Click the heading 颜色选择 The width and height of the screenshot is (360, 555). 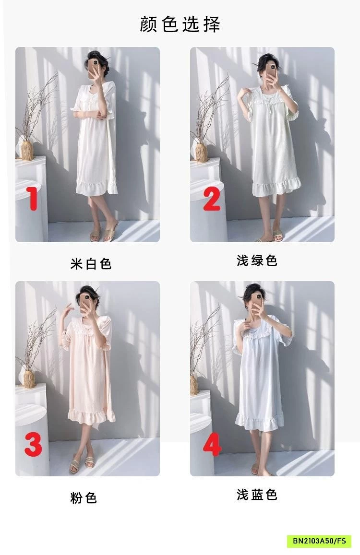pyautogui.click(x=180, y=24)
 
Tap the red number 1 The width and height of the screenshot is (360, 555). pyautogui.click(x=33, y=199)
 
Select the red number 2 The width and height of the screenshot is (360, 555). pyautogui.click(x=212, y=199)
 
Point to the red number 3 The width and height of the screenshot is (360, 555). pyautogui.click(x=33, y=444)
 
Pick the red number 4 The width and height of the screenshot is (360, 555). pyautogui.click(x=212, y=445)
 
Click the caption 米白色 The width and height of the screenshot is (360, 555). pyautogui.click(x=91, y=264)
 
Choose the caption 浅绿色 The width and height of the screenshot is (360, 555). pyautogui.click(x=257, y=260)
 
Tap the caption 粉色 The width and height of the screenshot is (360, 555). pyautogui.click(x=84, y=498)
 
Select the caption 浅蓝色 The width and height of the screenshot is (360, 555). pyautogui.click(x=257, y=495)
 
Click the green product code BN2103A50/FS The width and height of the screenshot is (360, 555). pyautogui.click(x=319, y=541)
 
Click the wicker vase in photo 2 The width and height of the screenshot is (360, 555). pyautogui.click(x=201, y=153)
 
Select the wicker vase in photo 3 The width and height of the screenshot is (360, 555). pyautogui.click(x=29, y=378)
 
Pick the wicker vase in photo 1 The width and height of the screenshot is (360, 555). pyautogui.click(x=27, y=150)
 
